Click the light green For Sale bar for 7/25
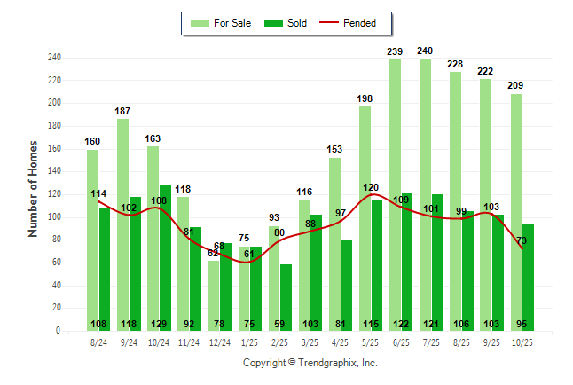[x=425, y=195]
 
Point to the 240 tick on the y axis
[x=55, y=58]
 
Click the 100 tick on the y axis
[x=55, y=217]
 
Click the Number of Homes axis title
[x=34, y=188]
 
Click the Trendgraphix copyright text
[x=310, y=363]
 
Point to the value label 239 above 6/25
[x=395, y=51]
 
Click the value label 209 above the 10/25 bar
[x=515, y=86]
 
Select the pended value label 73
[x=522, y=240]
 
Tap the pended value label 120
[x=371, y=187]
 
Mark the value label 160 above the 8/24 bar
[x=93, y=141]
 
